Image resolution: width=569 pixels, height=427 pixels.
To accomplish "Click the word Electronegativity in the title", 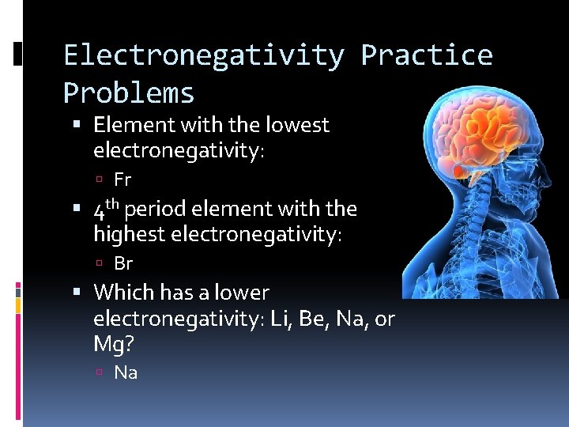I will coord(204,55).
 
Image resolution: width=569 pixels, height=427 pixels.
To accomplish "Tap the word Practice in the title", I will coord(427,55).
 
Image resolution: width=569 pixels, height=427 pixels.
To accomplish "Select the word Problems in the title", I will coord(128,93).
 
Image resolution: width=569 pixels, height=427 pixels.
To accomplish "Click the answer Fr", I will coord(122,179).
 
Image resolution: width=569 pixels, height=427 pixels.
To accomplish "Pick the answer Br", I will coord(123,263).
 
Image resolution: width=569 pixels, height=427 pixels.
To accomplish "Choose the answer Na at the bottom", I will coord(126,372).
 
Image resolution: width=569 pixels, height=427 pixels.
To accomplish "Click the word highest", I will coord(129,234).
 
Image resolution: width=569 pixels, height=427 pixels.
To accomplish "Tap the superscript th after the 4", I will coord(114,205).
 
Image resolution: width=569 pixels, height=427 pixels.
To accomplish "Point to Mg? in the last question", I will coord(113,346).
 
